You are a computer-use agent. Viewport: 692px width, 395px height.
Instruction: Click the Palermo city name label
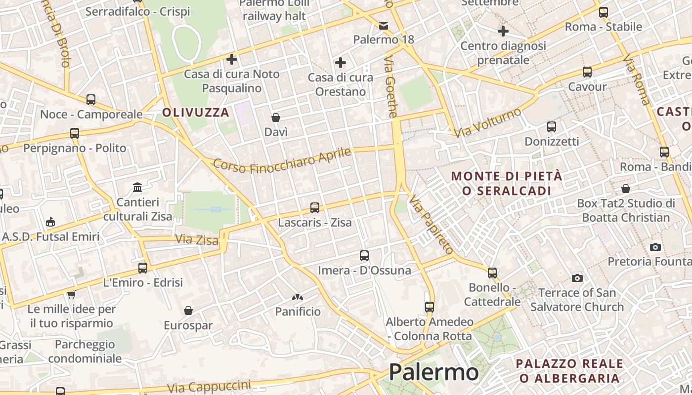tap(433, 372)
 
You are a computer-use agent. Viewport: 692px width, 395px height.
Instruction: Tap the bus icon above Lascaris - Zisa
tap(315, 208)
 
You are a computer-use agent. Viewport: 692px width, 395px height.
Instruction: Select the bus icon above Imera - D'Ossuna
tap(364, 256)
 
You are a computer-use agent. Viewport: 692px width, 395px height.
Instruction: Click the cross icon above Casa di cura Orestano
tap(341, 63)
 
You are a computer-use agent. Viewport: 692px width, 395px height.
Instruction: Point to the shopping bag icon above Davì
tap(276, 118)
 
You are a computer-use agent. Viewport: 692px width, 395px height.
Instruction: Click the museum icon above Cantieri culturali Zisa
tap(137, 188)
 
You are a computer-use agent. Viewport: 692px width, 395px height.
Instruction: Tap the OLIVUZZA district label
tap(196, 113)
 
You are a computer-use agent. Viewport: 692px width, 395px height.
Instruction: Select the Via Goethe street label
tap(390, 87)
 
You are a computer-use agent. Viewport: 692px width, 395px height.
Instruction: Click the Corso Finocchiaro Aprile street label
tap(282, 160)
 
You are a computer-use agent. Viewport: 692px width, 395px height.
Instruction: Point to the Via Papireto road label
tap(431, 225)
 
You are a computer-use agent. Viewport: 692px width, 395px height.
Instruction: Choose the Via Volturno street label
tap(488, 122)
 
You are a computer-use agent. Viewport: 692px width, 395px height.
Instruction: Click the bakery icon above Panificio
tap(298, 297)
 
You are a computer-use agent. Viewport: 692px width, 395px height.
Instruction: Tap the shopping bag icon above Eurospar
tap(188, 311)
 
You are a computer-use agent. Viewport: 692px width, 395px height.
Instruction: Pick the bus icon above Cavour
tap(587, 72)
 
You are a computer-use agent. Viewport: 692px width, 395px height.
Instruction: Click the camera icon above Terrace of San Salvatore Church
tap(577, 278)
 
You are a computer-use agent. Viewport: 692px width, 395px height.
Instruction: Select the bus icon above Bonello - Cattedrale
tap(492, 273)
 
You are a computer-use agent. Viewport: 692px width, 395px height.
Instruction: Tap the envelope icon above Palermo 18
tap(384, 25)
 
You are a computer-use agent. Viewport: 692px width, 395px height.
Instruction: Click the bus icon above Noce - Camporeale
tap(91, 100)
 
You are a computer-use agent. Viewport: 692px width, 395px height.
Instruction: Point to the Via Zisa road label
tap(197, 240)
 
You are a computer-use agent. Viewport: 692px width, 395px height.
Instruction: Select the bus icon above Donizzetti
tap(552, 127)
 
